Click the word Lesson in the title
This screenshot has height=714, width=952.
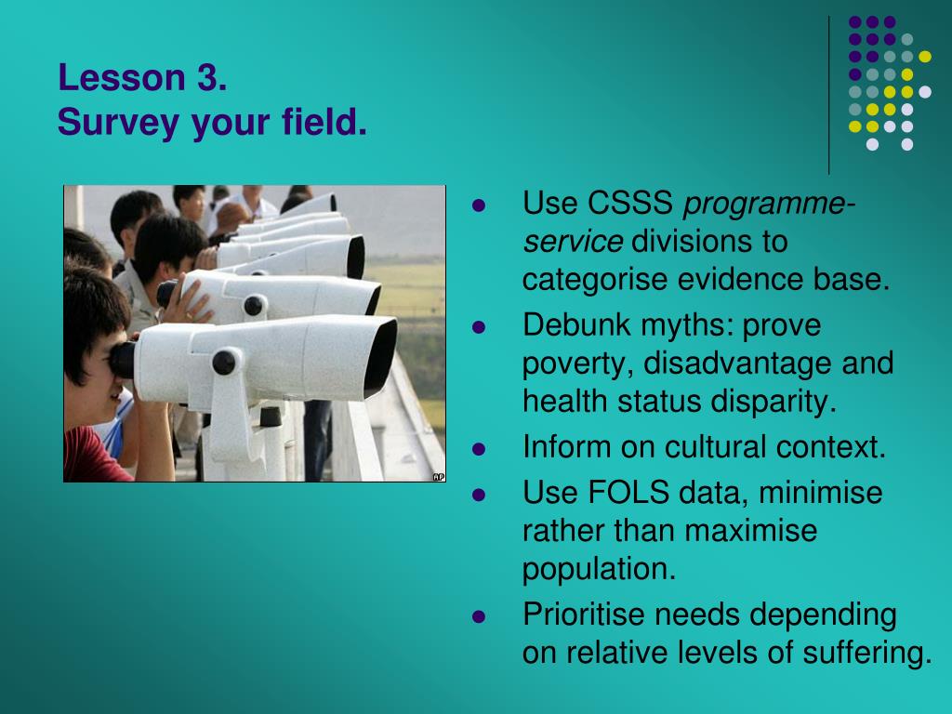(122, 78)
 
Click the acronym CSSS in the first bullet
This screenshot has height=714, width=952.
(630, 202)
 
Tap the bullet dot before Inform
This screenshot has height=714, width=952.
(479, 449)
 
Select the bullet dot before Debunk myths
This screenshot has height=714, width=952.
(479, 327)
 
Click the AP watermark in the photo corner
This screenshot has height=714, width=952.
(439, 477)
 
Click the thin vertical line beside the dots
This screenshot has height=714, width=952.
(828, 96)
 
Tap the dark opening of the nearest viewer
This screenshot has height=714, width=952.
(380, 358)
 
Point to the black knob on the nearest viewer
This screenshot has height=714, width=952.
(224, 363)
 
